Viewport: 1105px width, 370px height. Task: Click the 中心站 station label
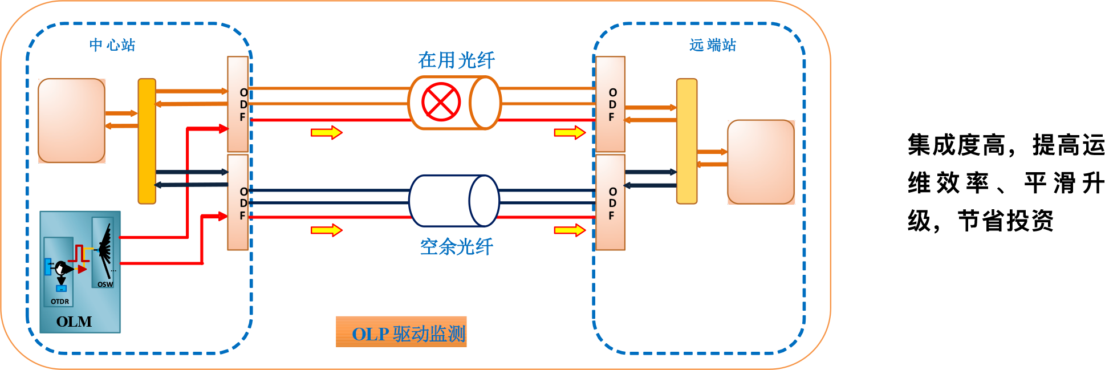pos(112,45)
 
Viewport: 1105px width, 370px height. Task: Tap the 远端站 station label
pos(712,45)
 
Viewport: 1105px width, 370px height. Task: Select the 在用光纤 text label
pos(456,60)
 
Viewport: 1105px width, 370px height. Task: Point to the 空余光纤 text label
pos(456,247)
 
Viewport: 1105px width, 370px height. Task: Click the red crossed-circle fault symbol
pos(441,102)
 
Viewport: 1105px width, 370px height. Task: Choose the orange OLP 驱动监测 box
pos(401,332)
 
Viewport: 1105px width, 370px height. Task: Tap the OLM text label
pos(74,322)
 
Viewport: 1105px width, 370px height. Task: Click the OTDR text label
pos(60,302)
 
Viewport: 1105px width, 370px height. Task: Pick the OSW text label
pos(105,284)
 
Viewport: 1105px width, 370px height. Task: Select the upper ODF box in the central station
pos(238,104)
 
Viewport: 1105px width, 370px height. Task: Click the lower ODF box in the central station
pos(238,202)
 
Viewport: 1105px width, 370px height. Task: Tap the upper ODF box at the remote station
pos(611,104)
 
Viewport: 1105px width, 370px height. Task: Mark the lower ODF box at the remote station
pos(611,202)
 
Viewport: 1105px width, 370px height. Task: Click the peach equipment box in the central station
pos(72,120)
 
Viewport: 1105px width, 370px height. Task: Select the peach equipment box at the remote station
pos(761,162)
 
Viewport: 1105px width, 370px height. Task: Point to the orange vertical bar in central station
pos(147,141)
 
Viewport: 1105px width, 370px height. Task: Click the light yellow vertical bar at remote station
pos(686,141)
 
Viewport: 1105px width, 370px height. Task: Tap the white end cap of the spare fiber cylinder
pos(484,201)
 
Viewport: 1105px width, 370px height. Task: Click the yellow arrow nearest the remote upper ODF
pos(570,133)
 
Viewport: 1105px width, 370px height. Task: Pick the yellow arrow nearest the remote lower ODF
pos(570,230)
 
